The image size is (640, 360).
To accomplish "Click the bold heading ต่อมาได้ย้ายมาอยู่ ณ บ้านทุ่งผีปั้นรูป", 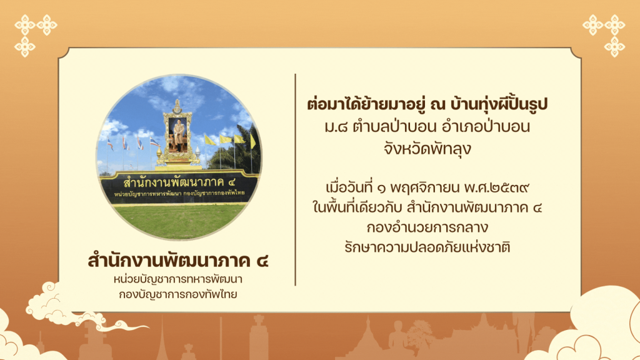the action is (x=427, y=104).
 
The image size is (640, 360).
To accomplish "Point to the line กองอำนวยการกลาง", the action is (x=427, y=227).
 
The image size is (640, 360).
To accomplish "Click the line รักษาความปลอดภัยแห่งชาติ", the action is (x=427, y=247).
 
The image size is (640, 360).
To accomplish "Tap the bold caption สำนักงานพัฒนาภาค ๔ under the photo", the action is (x=178, y=261).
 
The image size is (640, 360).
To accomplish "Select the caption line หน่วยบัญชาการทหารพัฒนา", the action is (x=178, y=279).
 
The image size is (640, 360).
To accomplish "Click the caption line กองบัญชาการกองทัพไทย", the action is (x=178, y=294).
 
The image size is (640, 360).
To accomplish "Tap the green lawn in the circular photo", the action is (x=179, y=221).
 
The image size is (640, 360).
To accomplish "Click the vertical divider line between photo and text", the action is (x=295, y=179).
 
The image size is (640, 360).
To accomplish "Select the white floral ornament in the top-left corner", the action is (x=35, y=35).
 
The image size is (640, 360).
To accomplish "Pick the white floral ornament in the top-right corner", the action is (x=604, y=35).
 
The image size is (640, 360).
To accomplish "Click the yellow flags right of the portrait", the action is (x=229, y=139).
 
